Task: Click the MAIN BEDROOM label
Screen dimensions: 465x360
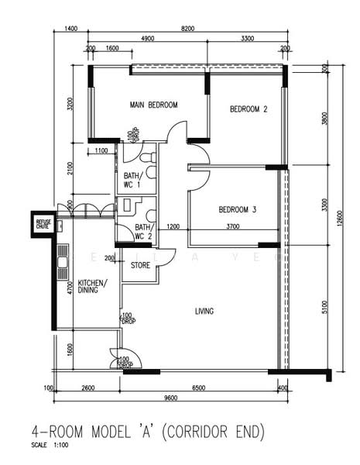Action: [154, 105]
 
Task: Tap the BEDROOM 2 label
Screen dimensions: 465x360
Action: [249, 110]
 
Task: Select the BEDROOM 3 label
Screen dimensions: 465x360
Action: [237, 210]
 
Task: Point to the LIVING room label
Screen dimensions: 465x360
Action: [204, 312]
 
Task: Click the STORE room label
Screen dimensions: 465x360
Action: [140, 266]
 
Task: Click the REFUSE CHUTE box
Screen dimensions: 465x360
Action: [43, 224]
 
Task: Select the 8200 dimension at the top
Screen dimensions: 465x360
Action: [187, 28]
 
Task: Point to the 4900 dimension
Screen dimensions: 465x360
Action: [148, 39]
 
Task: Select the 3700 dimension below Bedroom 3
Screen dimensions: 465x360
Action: [232, 227]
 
